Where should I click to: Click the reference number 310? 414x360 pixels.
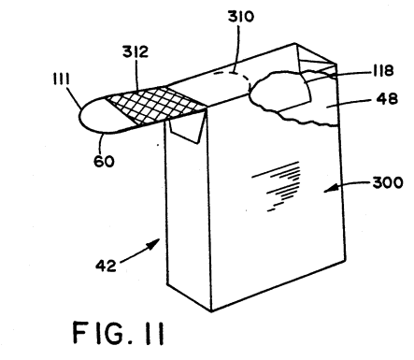click(241, 16)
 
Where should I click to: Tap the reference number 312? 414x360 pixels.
click(136, 51)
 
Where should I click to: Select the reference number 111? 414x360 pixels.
click(61, 79)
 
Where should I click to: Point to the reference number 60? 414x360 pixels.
click(104, 161)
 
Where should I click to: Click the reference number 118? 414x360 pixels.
click(383, 71)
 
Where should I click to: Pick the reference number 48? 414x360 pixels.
click(387, 99)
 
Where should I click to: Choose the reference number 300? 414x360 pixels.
click(388, 182)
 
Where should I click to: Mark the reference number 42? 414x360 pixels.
click(106, 266)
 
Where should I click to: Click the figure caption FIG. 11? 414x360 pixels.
click(119, 333)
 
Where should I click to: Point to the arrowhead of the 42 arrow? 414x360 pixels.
click(155, 244)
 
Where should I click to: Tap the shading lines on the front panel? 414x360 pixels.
click(278, 185)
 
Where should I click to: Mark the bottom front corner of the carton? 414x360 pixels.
click(211, 311)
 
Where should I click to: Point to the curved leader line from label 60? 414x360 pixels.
click(100, 143)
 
